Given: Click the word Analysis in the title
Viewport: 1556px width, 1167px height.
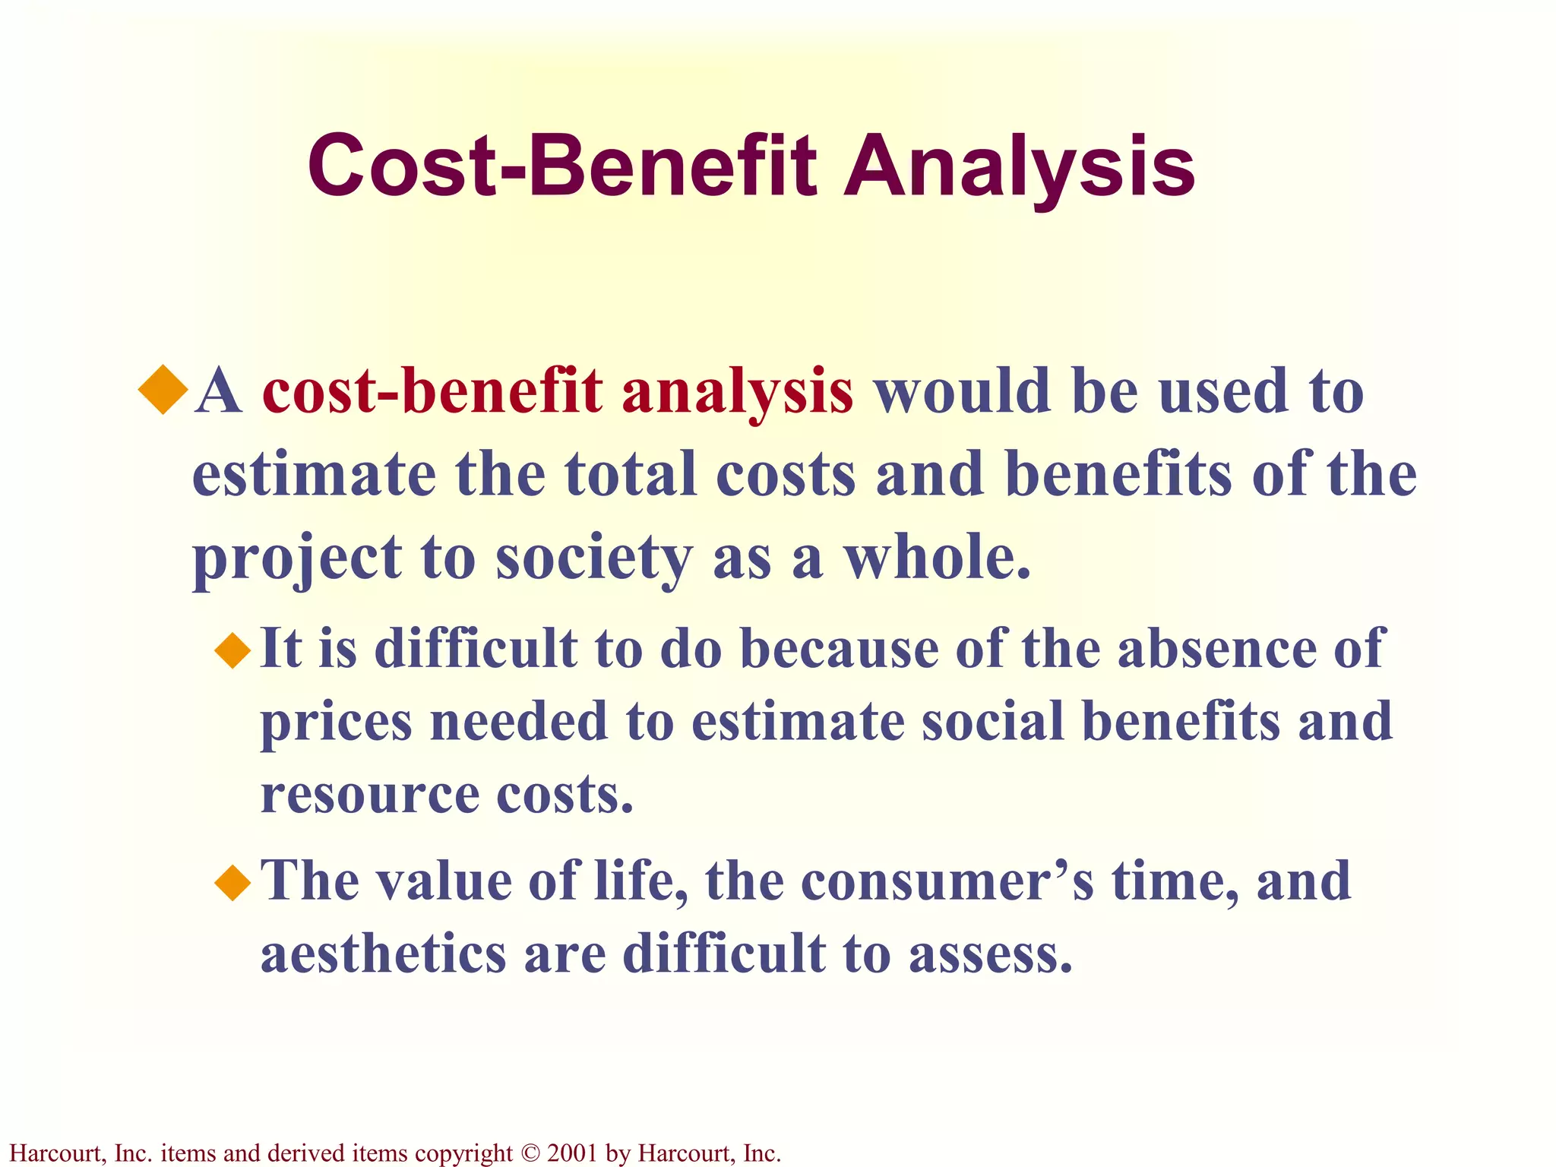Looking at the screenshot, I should click(x=1020, y=166).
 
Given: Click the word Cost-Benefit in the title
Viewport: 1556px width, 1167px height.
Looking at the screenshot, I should click(x=562, y=166).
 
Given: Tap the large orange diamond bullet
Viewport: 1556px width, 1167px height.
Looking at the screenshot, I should click(x=163, y=390).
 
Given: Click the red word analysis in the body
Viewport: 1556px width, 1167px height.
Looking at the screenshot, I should click(x=737, y=394).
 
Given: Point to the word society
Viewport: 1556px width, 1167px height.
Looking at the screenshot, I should click(x=593, y=558).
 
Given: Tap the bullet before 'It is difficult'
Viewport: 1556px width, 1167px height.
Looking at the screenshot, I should click(x=232, y=650).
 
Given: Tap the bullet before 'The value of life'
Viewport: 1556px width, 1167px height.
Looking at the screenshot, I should click(x=232, y=883).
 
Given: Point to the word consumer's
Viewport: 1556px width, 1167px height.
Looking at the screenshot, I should click(x=947, y=881).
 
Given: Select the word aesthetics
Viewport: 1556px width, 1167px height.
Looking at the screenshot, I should click(x=383, y=954).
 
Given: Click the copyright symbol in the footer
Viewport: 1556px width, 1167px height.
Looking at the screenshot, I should click(x=530, y=1153).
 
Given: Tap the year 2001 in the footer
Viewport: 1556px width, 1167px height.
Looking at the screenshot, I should click(x=572, y=1153).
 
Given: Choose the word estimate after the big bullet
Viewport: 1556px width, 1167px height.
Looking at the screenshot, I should click(x=314, y=475).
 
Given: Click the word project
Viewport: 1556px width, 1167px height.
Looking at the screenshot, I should click(x=296, y=558).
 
